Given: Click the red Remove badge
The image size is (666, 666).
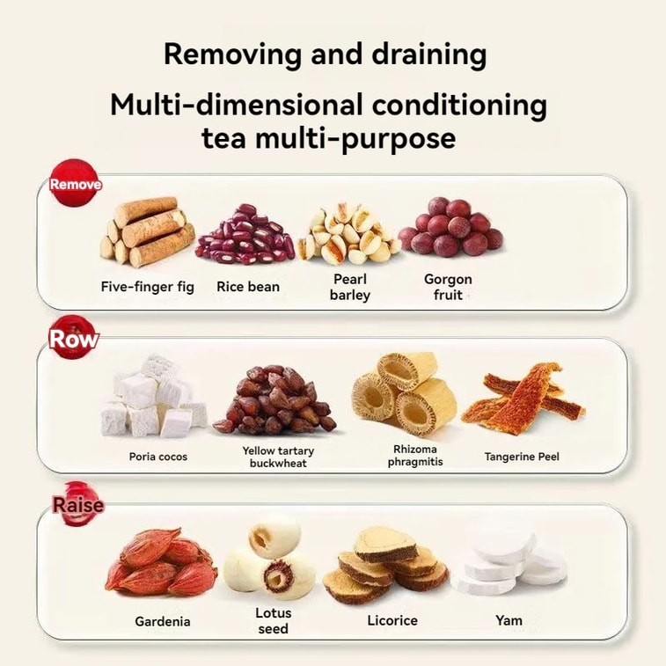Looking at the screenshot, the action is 75,183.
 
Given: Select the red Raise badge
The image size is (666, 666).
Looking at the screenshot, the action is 77,504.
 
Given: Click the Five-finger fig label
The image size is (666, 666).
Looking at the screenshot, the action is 148,287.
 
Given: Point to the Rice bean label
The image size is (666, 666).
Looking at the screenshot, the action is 248,286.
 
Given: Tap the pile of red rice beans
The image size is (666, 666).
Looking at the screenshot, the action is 245,234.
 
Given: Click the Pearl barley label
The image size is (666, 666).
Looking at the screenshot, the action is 350,287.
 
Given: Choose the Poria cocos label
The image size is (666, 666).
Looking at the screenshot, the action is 158,457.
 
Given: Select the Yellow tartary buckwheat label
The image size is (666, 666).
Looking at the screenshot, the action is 278,457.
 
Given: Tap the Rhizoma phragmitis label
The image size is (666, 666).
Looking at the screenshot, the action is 415,456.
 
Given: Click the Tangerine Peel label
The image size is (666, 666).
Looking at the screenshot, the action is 522,457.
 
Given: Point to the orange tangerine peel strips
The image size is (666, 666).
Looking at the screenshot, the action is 523,399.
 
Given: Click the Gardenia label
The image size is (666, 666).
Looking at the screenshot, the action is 162,621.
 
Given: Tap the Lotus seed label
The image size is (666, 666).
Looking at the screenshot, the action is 273,620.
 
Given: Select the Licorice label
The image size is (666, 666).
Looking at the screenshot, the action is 392,620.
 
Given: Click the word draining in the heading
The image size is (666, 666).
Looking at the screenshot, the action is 429,55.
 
